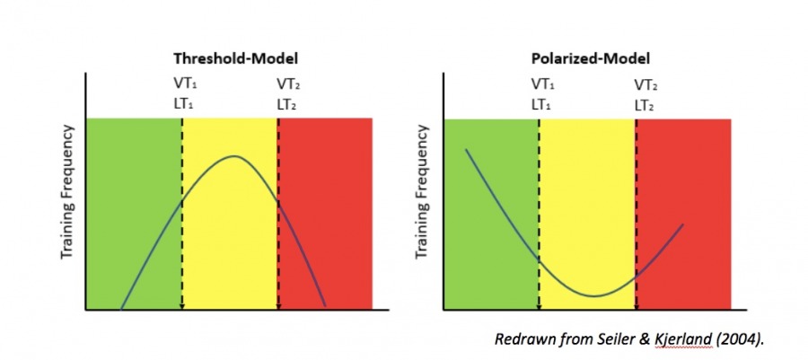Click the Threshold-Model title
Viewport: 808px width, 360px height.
pos(235,58)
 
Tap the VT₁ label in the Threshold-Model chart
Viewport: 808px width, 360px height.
pos(184,84)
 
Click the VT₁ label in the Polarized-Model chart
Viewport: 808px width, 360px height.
pos(541,84)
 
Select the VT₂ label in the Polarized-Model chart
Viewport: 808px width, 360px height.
pos(645,85)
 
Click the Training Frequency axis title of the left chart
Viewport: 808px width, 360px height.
pos(66,205)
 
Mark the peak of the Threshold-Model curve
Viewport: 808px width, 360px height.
pos(234,156)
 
